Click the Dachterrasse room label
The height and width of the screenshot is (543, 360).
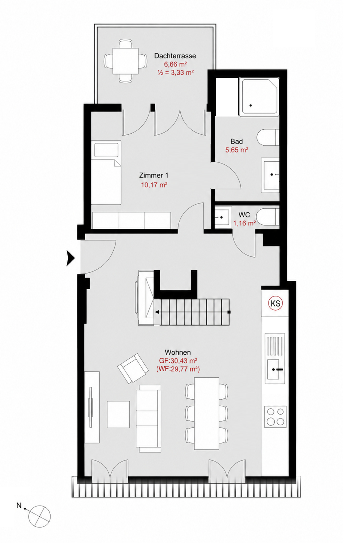[175, 56]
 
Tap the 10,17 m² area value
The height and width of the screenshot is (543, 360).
[154, 185]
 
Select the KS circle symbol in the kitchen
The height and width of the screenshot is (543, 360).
[275, 303]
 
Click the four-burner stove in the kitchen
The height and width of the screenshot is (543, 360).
[275, 417]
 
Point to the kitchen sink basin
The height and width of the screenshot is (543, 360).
[273, 369]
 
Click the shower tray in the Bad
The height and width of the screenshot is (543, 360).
[259, 97]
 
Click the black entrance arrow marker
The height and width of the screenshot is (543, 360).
[71, 259]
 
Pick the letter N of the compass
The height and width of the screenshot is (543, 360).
[19, 505]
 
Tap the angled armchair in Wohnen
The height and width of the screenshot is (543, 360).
[133, 369]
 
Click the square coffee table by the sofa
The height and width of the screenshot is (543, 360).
[118, 414]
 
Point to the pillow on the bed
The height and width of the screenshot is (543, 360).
[106, 150]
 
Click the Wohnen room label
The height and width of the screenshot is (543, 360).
[178, 352]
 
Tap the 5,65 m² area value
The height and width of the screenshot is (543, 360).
[237, 150]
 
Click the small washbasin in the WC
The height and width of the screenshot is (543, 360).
[222, 217]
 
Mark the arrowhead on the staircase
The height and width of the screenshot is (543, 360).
[157, 312]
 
